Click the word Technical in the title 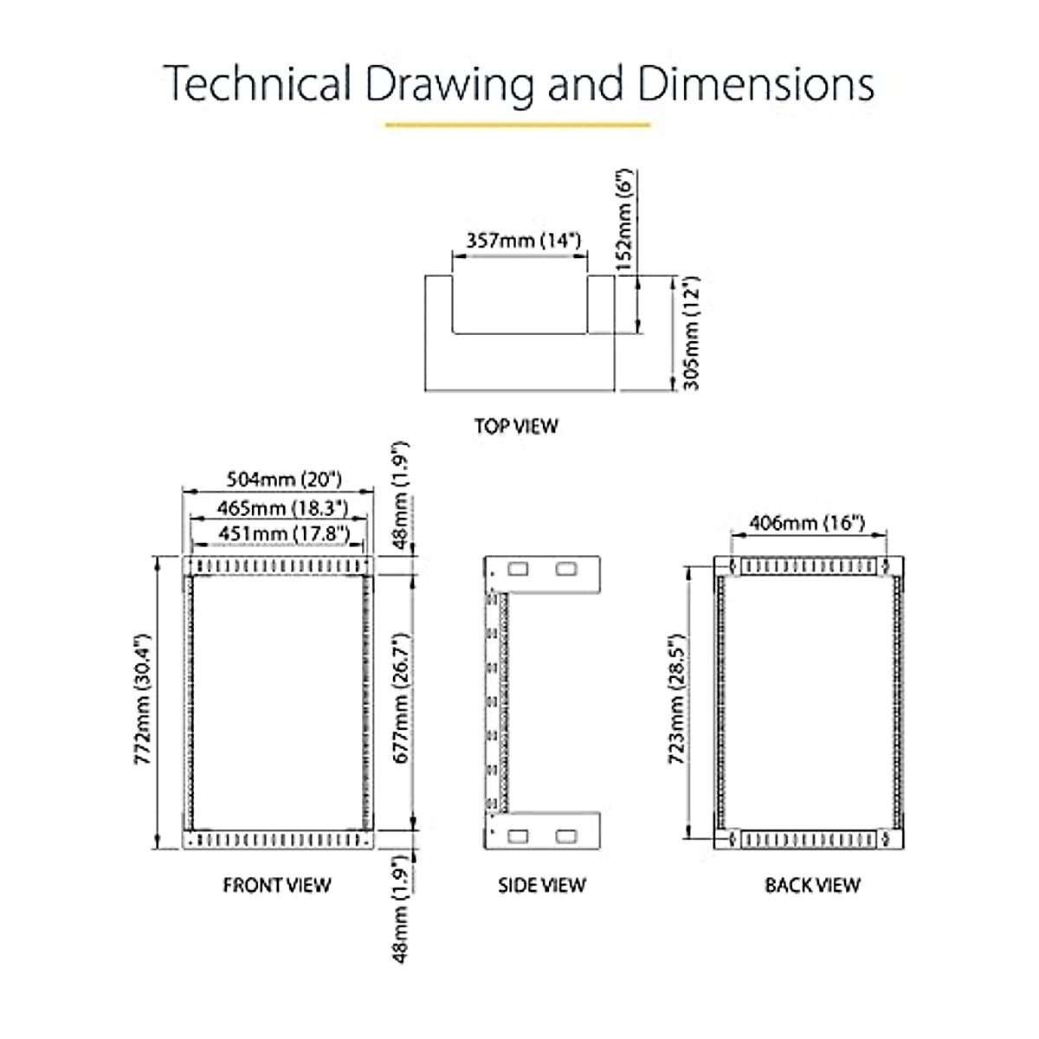pos(257,85)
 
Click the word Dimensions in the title pos(756,85)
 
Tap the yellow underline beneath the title pos(517,126)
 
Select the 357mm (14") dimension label pos(523,240)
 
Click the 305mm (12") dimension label pos(691,333)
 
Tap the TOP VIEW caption pos(516,426)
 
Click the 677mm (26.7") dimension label pos(402,698)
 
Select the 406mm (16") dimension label pos(807,523)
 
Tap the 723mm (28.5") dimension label pos(677,700)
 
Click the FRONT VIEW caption pos(277,885)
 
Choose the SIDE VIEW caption pos(542,885)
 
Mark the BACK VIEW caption pos(812,885)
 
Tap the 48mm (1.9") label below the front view pos(400,909)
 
